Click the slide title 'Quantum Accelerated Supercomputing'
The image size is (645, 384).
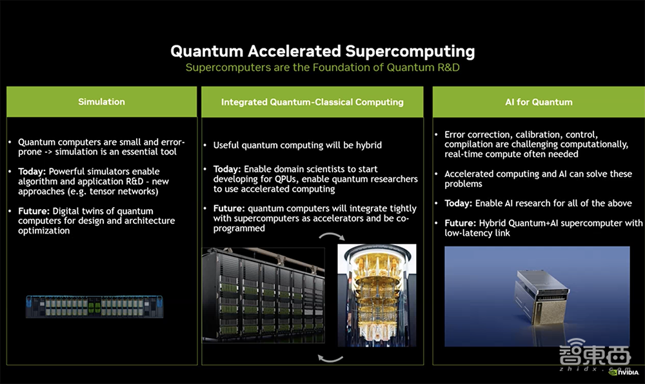click(x=322, y=51)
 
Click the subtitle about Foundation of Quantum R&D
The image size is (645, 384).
click(x=322, y=68)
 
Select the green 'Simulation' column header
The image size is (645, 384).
click(x=101, y=102)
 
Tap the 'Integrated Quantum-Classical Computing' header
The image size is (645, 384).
click(x=312, y=102)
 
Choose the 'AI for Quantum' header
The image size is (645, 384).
click(x=539, y=102)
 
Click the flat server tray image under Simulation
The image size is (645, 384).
click(x=94, y=307)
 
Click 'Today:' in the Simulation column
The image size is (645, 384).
click(x=32, y=171)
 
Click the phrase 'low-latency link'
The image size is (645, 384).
click(x=477, y=232)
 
